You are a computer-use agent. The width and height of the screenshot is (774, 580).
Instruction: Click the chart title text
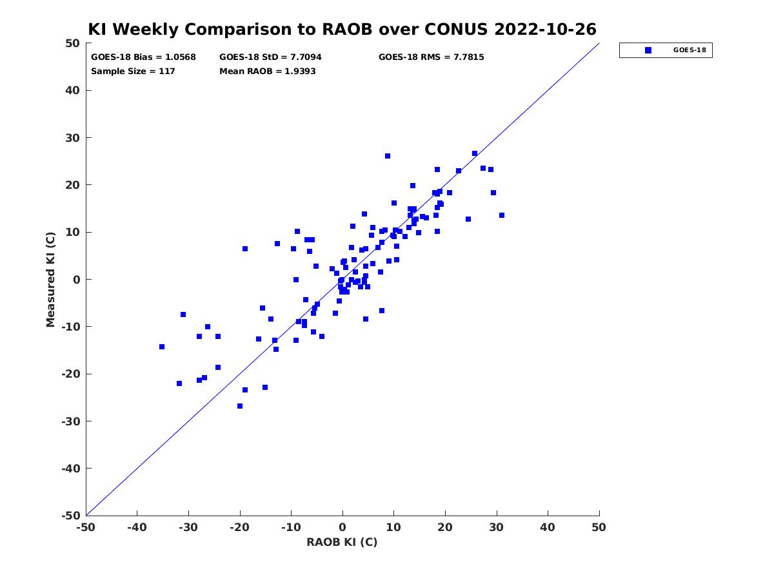pos(342,29)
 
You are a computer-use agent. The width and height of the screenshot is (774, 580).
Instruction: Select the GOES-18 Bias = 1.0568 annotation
pos(143,57)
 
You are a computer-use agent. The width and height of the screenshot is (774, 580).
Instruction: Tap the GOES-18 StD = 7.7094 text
pos(270,57)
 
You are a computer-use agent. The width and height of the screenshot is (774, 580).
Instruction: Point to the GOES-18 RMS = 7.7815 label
pos(431,57)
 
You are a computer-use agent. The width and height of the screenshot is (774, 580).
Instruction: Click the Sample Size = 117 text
pos(133,71)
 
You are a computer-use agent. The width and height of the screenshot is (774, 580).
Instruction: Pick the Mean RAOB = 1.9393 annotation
pos(267,71)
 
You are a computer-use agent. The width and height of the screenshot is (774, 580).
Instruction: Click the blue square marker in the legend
pos(648,50)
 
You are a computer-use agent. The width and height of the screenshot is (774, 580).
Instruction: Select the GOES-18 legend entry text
pos(690,50)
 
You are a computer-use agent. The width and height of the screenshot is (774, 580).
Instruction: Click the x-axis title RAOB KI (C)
pos(342,542)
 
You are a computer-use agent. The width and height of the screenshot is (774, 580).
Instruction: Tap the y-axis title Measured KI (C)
pos(50,280)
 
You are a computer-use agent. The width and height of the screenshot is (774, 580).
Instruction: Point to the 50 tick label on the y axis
pos(73,43)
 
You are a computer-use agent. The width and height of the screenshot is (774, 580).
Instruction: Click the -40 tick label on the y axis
pos(71,469)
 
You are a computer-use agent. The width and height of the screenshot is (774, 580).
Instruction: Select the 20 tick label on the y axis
pos(73,185)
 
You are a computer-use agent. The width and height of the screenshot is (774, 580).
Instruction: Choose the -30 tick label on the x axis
pos(188,527)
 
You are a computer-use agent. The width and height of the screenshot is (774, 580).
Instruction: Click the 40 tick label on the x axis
pos(548,527)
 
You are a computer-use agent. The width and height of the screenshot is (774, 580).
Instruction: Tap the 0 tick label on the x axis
pos(342,527)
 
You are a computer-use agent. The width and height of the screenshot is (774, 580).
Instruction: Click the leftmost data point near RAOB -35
pos(162,347)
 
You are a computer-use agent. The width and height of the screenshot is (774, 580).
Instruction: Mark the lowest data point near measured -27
pos(240,406)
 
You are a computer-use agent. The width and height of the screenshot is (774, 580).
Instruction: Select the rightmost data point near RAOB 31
pos(502,215)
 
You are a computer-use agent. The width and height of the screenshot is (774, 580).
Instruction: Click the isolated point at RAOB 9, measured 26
pos(388,156)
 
